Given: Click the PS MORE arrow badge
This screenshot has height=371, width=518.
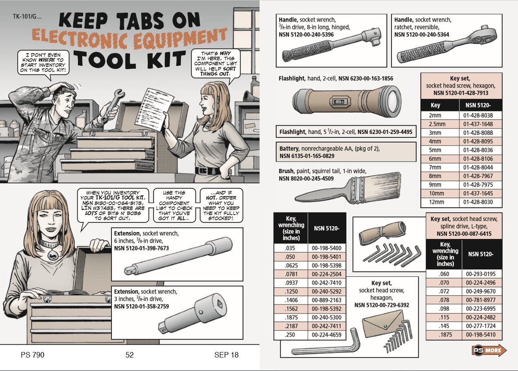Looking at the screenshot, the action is click(489, 350).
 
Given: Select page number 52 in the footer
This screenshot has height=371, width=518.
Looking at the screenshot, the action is click(129, 355).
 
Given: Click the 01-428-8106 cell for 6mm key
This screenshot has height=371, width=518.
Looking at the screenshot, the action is click(478, 159).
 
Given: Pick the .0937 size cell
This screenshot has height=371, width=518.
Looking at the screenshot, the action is click(291, 283).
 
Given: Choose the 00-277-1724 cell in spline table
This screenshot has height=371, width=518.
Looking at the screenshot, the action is click(481, 326).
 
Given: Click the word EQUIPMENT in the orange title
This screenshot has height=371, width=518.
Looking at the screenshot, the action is click(181, 39).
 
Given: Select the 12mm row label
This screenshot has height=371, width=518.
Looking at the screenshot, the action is click(436, 202).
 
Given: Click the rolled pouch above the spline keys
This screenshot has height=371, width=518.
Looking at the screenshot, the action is click(382, 233).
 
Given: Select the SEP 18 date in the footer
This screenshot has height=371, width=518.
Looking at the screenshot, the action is click(226, 355).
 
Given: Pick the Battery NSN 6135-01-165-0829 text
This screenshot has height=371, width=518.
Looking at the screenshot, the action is click(307, 156).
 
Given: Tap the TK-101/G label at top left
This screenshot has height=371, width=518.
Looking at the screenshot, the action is click(27, 17).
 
